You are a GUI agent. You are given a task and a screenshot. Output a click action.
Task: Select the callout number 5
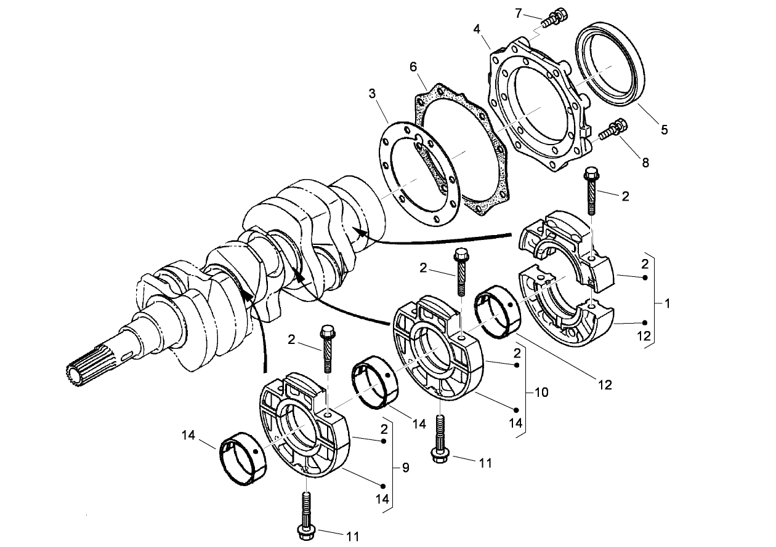[665, 130]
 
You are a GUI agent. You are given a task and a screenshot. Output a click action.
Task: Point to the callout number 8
[645, 163]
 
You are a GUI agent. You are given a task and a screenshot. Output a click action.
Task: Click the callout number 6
[413, 66]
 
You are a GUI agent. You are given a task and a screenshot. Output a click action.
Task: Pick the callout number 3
[372, 94]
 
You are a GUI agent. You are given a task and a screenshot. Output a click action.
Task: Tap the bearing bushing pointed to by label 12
[499, 312]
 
